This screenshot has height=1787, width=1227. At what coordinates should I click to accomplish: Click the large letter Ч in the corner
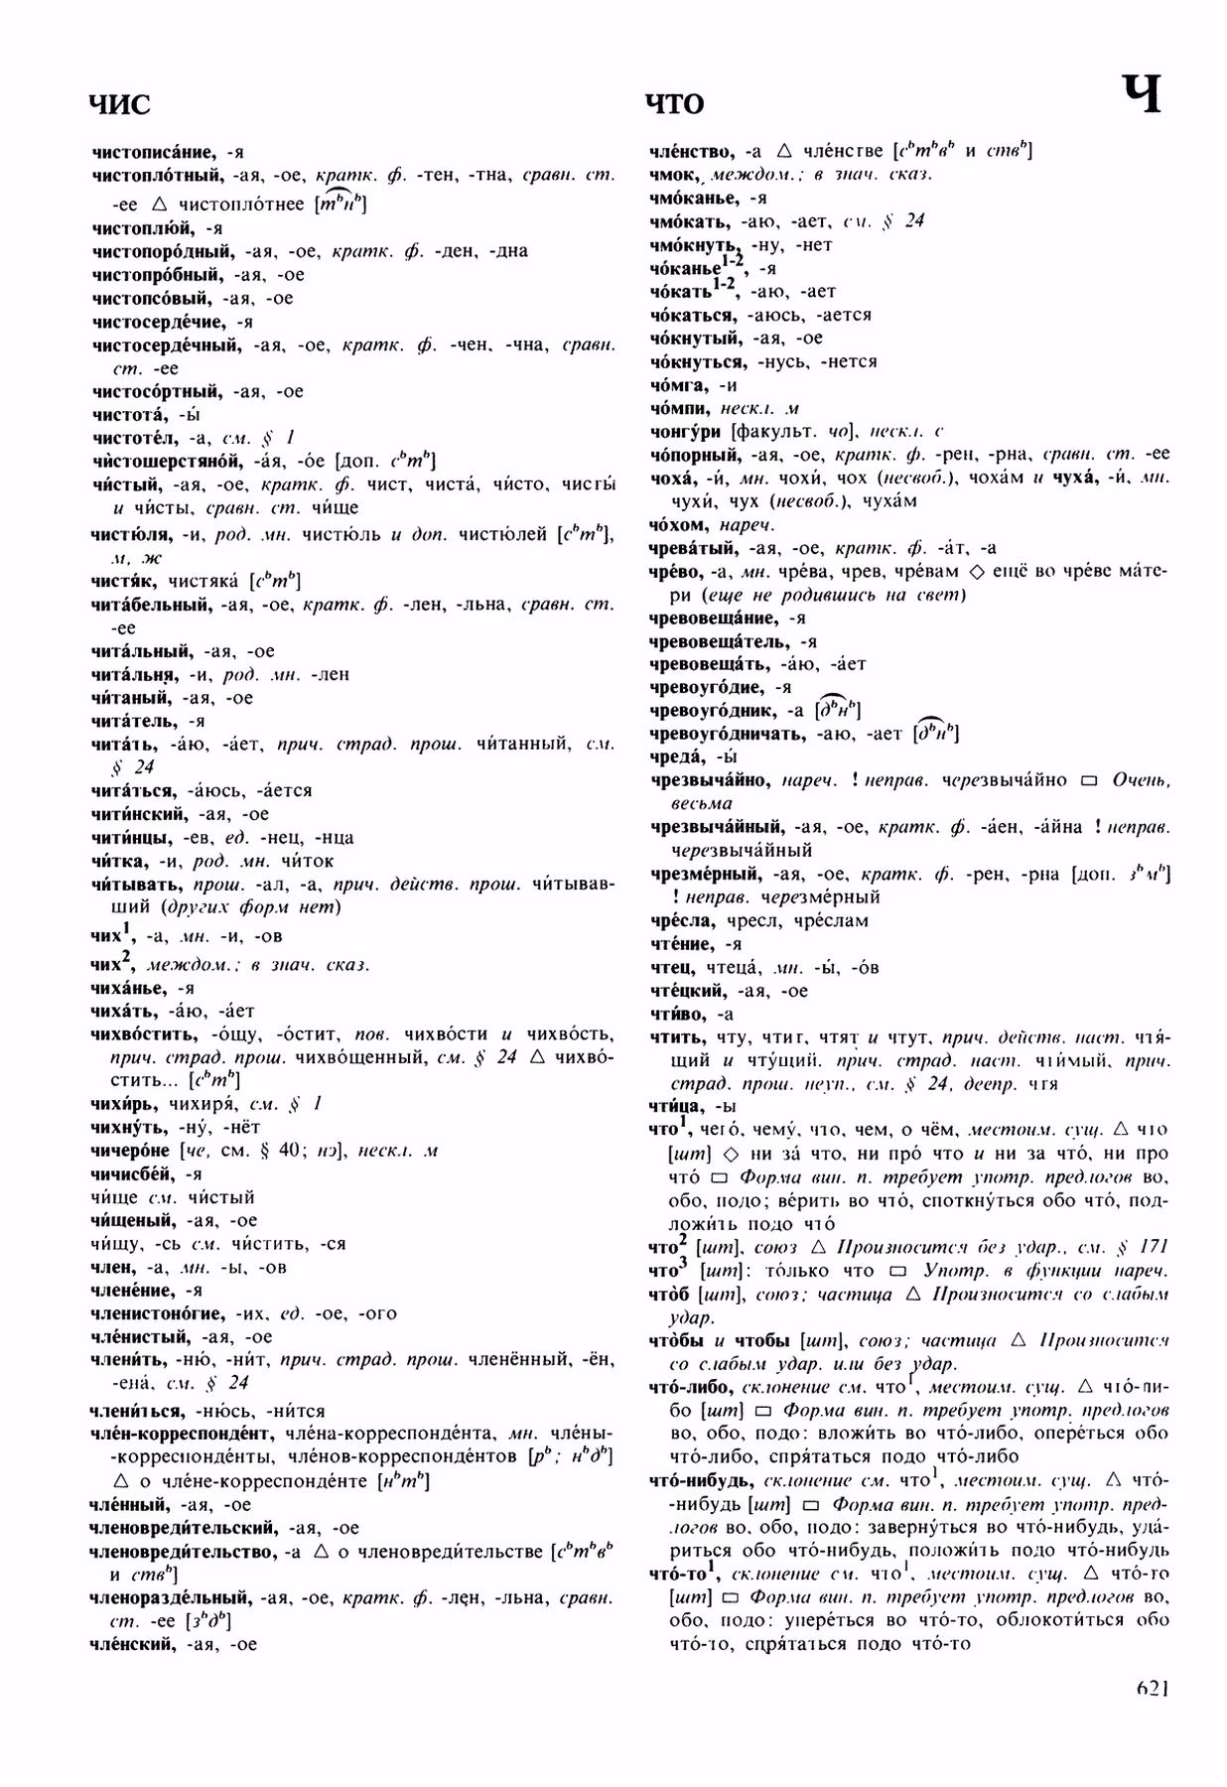[1142, 96]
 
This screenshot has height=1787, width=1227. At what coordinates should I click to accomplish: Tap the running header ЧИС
[120, 103]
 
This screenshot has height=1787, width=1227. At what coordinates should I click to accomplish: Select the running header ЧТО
[675, 103]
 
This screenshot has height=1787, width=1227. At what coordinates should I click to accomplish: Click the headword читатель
[134, 721]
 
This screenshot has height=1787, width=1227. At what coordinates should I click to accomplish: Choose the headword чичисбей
[131, 1174]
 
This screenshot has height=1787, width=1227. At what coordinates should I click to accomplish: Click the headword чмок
[674, 175]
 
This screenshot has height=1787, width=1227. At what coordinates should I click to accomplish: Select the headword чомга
[677, 385]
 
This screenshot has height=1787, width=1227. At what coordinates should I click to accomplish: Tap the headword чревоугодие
[707, 687]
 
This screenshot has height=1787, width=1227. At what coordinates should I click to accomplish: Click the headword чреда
[675, 757]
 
